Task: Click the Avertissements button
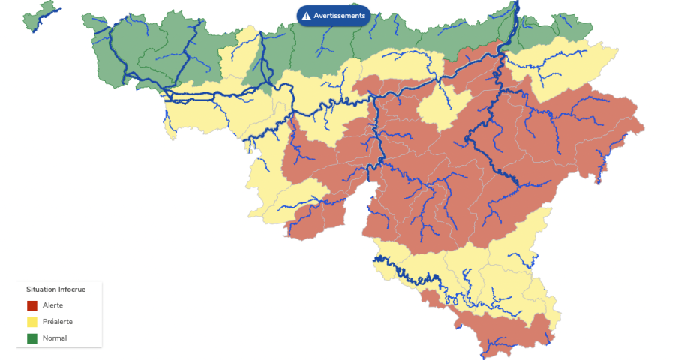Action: point(334,15)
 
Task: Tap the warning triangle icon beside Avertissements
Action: point(307,16)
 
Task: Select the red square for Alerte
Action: point(32,305)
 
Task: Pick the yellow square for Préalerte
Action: point(32,322)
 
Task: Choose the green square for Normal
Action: point(32,338)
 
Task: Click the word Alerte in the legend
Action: point(53,305)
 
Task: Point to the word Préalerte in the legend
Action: point(58,322)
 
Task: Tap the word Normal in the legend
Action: point(55,338)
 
